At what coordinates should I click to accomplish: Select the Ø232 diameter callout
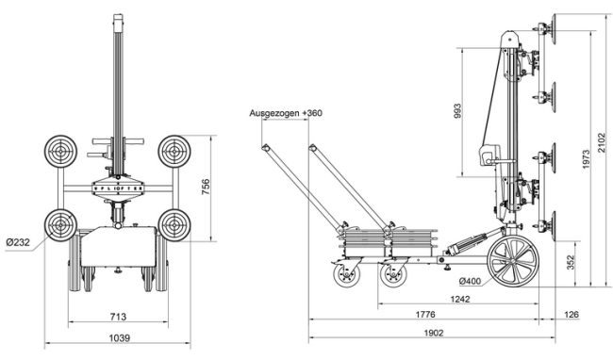pos(18,242)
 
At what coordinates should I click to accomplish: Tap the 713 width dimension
pos(117,317)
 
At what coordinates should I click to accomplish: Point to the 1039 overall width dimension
pos(117,336)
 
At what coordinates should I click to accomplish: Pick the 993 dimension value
pos(458,111)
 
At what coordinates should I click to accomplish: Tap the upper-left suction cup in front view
pos(60,151)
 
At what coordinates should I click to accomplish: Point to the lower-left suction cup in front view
pos(60,225)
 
